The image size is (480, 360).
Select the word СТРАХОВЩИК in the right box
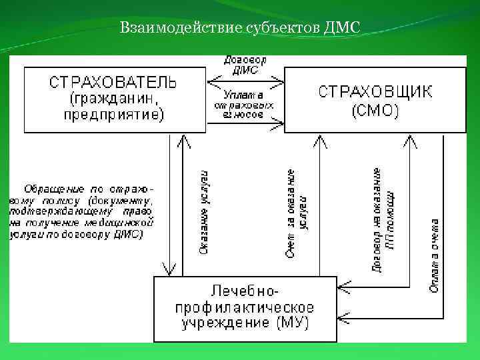click(x=375, y=91)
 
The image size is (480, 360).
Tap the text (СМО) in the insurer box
click(x=375, y=110)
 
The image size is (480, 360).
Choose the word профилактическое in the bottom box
click(x=245, y=308)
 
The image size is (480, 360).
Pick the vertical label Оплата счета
click(x=434, y=256)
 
